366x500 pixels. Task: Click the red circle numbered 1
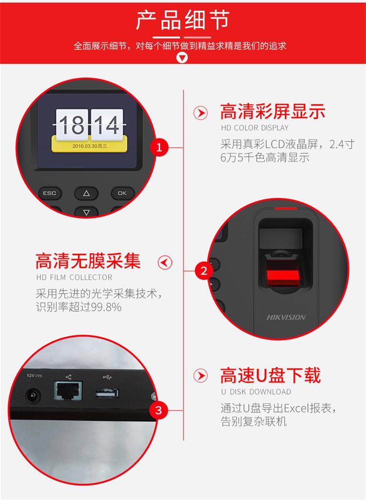point(159,147)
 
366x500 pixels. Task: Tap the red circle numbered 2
point(204,271)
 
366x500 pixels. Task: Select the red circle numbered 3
point(159,410)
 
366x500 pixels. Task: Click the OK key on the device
point(122,193)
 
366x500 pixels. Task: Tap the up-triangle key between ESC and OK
point(86,193)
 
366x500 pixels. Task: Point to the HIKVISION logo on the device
point(286,317)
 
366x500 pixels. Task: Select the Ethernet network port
point(68,390)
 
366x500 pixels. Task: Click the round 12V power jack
point(33,397)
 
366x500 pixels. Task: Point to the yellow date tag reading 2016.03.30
point(90,145)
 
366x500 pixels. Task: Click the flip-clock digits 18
point(72,125)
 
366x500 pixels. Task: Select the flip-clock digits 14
point(107,125)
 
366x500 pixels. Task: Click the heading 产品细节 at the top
point(183,20)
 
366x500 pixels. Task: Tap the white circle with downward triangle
point(182,58)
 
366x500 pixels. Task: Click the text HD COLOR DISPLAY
point(255,128)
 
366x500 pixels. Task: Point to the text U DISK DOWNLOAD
point(256,392)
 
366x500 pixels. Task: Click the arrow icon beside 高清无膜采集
point(165,262)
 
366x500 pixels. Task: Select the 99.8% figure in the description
point(106,307)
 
